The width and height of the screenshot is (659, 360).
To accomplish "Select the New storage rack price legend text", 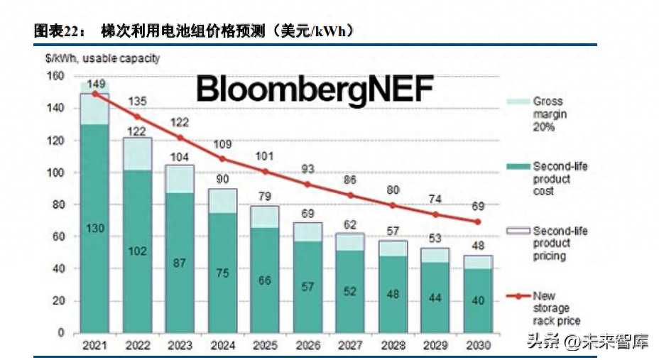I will tap(552, 307).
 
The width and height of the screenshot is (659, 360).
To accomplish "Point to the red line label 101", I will tap(264, 156).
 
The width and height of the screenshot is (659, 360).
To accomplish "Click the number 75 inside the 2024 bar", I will tap(222, 273).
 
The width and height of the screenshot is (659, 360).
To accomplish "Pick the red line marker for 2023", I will tap(180, 138).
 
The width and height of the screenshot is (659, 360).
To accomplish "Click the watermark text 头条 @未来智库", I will tap(587, 343).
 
